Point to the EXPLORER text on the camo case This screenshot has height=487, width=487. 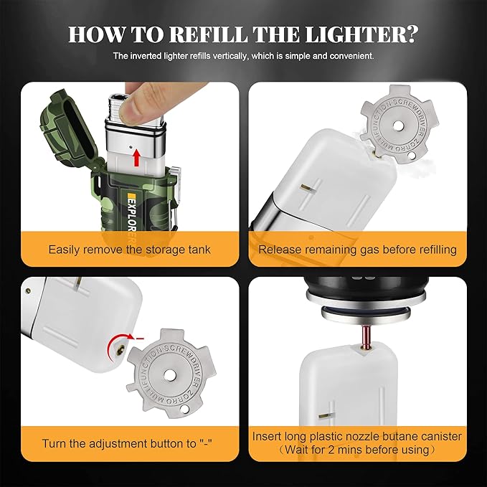coord(132,214)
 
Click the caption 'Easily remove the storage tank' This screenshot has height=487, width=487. coord(129,250)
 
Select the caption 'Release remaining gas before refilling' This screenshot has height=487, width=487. coord(357,250)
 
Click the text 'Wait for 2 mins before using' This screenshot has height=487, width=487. coord(356,450)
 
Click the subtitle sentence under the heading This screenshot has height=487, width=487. coord(243,55)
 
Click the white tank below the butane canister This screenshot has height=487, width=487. coord(357,387)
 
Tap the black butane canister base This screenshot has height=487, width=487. coord(357,290)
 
